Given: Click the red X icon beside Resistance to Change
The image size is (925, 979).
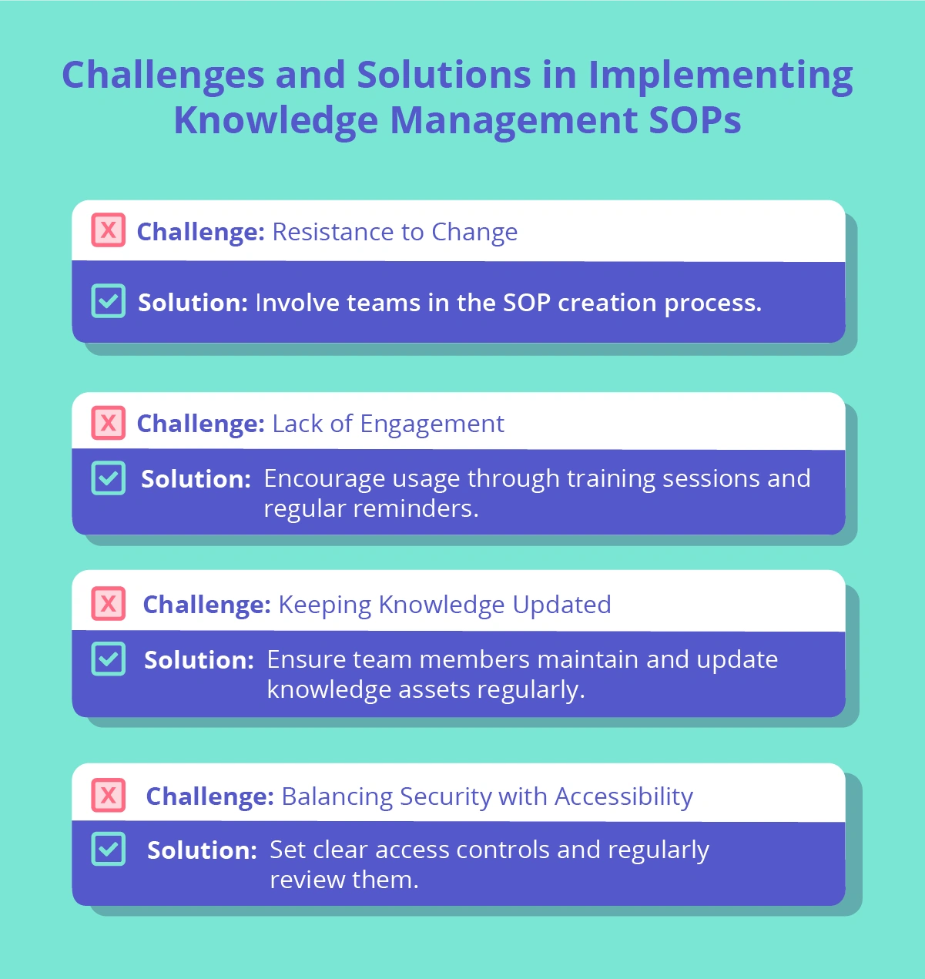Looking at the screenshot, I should click(109, 230).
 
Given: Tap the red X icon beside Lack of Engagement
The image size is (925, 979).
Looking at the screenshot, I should click(109, 423).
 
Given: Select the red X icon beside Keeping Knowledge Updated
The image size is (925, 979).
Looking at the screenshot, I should click(109, 603).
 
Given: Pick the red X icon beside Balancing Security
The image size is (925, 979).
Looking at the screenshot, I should click(109, 795).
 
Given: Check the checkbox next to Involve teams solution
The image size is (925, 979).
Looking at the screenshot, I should click(109, 301).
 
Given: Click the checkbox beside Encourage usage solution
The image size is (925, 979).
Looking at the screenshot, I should click(109, 478).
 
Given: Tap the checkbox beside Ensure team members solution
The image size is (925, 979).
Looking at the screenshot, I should click(109, 659).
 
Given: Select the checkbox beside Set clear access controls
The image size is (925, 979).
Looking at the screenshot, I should click(109, 849).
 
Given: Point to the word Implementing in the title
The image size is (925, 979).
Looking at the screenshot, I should click(720, 75).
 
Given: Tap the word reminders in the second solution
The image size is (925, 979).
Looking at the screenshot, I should click(416, 508).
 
